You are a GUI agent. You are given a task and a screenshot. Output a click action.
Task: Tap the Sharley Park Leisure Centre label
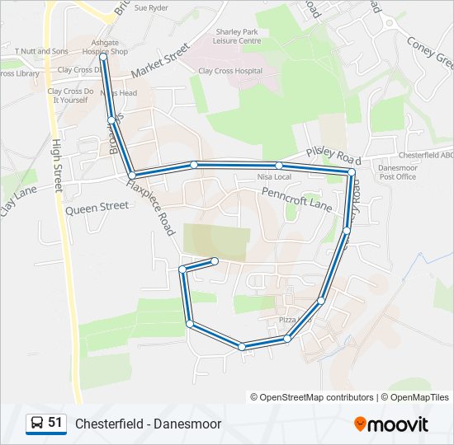click(237, 35)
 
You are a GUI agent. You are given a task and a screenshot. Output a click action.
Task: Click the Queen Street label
click(97, 209)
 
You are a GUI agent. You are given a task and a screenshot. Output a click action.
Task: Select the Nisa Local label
click(274, 177)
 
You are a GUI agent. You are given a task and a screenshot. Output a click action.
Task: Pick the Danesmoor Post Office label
click(397, 171)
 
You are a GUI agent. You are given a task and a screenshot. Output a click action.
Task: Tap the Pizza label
click(286, 320)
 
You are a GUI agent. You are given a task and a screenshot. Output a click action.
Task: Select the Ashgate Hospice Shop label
click(105, 46)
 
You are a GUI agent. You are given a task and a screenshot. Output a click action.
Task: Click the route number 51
click(55, 423)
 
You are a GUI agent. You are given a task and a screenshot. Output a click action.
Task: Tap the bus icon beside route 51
click(37, 424)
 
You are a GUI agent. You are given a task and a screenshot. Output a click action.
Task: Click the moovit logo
click(391, 424)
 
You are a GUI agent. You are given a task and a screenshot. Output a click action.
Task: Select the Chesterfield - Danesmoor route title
click(149, 424)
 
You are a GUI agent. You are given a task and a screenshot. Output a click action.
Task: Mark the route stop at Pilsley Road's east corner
click(352, 172)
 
